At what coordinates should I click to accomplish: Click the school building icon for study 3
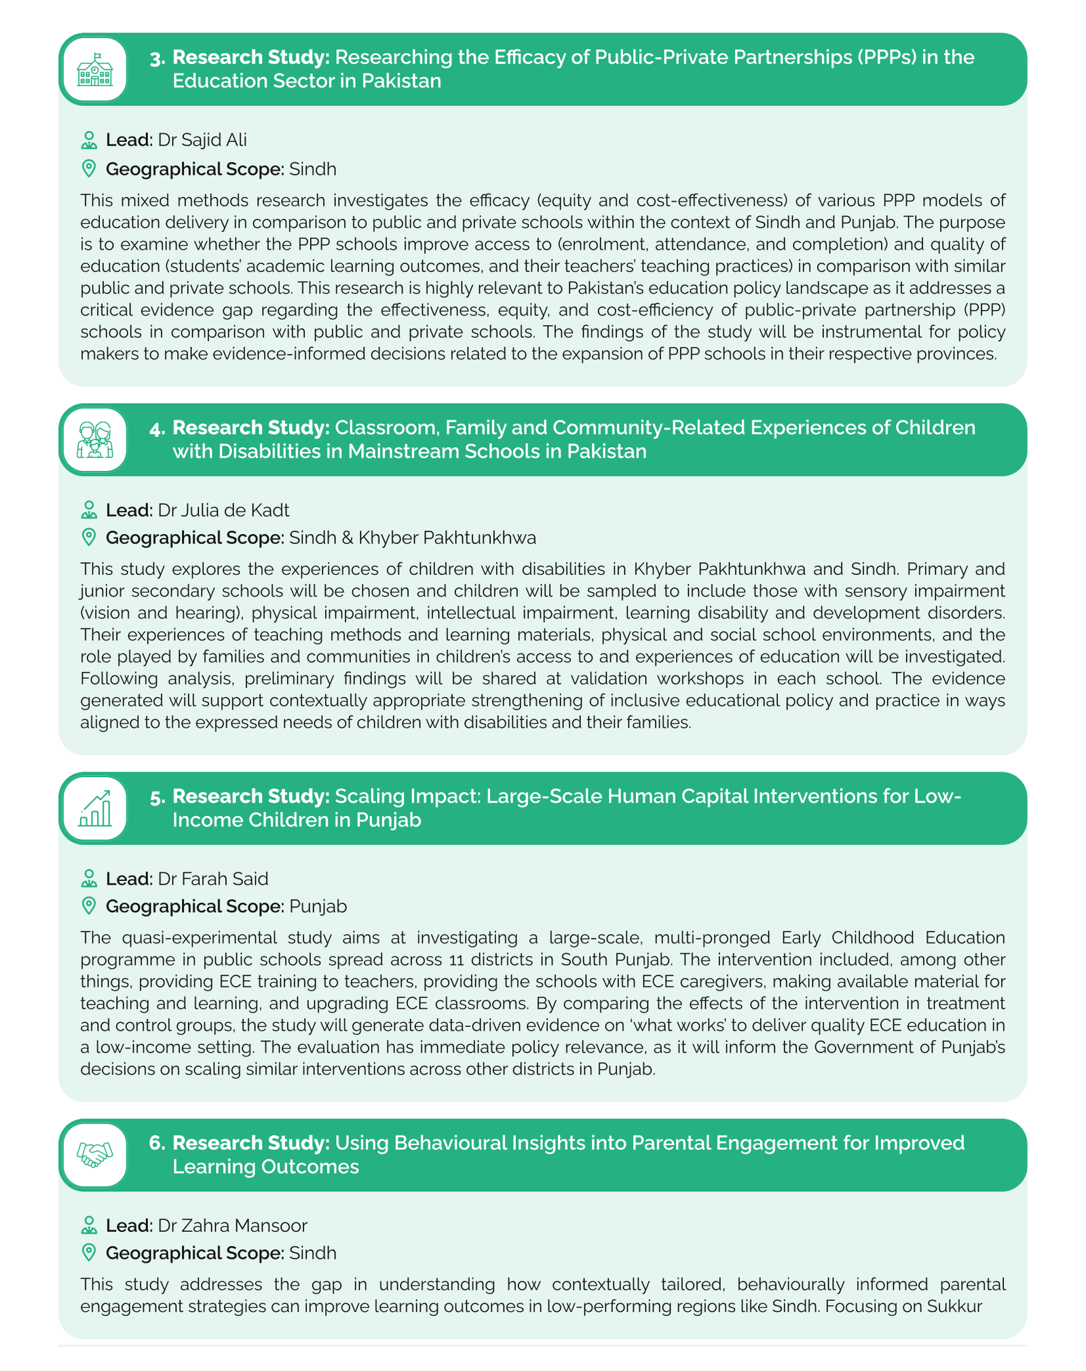tap(95, 69)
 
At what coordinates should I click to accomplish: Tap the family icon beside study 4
tap(95, 440)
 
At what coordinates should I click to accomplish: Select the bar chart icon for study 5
tap(95, 808)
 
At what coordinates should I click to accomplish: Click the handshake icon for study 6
tap(95, 1155)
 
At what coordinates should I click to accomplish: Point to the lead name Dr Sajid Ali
tap(202, 140)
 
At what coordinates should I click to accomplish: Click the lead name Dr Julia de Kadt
tap(223, 510)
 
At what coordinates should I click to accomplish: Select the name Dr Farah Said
tap(212, 878)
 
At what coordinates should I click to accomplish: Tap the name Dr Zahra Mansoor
tap(232, 1225)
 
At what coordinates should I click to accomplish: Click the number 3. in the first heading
tap(157, 58)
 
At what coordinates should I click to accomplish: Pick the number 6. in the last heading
tap(157, 1143)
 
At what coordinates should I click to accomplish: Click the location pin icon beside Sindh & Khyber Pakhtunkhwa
tap(88, 538)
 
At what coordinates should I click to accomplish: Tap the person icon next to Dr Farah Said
tap(88, 878)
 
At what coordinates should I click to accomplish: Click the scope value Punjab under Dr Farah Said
tap(318, 906)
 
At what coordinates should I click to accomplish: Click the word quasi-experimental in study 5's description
tap(192, 937)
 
